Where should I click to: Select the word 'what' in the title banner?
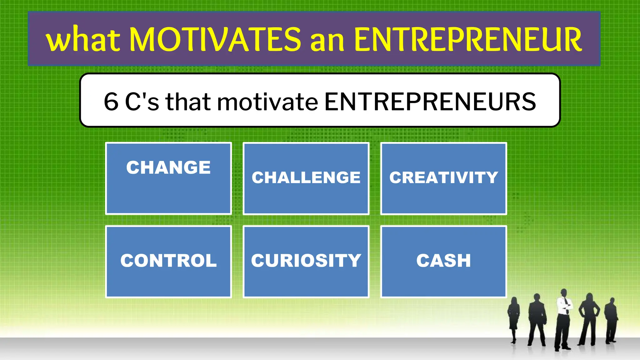point(83,40)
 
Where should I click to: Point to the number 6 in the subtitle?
point(111,102)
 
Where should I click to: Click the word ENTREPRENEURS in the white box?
point(430,102)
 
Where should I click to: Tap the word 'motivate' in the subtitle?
point(267,102)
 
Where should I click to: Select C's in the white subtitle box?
point(142,102)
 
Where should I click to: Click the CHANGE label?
point(168,167)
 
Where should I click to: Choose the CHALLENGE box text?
point(306,177)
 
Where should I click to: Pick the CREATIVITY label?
point(443,177)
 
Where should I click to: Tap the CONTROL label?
point(168,261)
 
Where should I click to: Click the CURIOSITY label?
point(306,261)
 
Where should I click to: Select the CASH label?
point(443,261)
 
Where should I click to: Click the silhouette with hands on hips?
point(589,316)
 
